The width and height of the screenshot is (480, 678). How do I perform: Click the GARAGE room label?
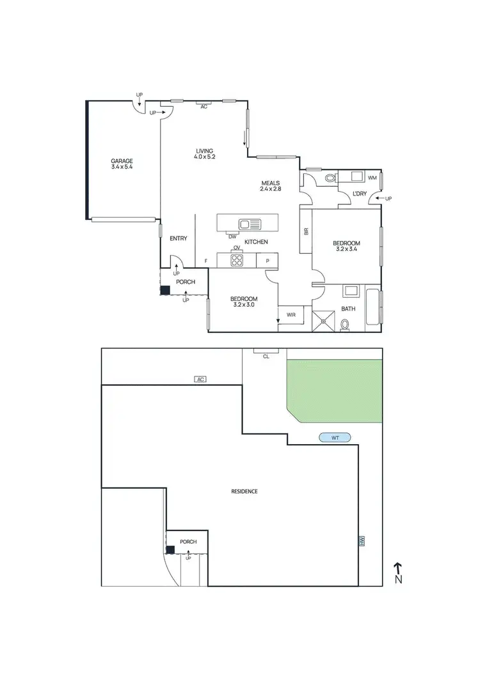(121, 164)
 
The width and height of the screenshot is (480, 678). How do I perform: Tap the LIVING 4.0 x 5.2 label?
(204, 154)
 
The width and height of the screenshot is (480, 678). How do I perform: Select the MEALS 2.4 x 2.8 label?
(270, 185)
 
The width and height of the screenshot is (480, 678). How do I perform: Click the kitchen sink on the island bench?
(250, 224)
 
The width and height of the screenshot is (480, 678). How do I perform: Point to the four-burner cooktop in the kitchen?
(237, 260)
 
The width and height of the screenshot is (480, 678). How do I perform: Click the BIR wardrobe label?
(306, 232)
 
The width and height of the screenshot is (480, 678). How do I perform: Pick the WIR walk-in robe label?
(291, 314)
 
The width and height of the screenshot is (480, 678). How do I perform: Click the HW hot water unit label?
(362, 541)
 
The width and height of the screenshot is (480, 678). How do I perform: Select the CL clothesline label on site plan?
(266, 356)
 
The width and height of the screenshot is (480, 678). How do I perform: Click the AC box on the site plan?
(201, 379)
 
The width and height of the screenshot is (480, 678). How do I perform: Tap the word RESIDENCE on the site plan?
(244, 491)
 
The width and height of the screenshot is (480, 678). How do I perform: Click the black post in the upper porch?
(165, 289)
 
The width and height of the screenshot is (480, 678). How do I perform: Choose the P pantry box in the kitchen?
(268, 261)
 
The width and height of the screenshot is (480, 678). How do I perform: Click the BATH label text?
(348, 309)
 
